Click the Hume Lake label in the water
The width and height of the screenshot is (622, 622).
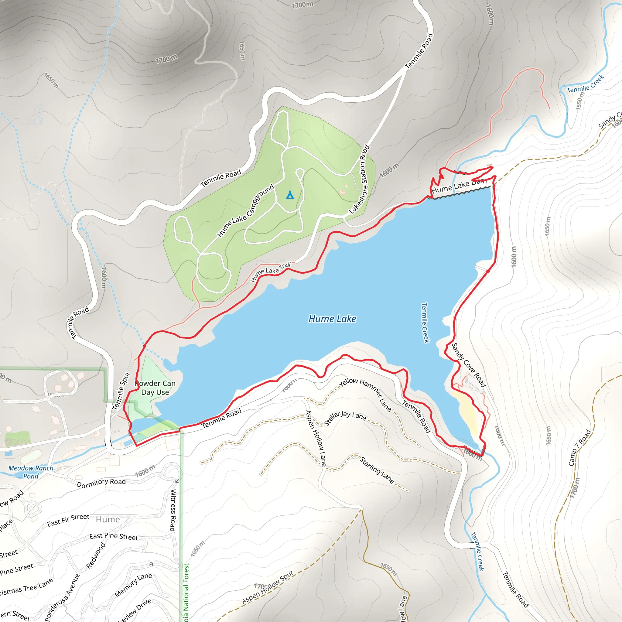(332, 319)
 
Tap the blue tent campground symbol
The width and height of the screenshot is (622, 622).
(290, 195)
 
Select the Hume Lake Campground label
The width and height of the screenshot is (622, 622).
(246, 210)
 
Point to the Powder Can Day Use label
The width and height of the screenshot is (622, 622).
(155, 388)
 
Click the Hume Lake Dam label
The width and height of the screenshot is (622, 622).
(459, 186)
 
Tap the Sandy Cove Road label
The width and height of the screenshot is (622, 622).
(468, 365)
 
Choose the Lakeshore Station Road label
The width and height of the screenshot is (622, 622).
(360, 180)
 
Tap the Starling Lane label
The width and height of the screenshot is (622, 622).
(377, 470)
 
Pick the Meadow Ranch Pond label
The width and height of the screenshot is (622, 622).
(31, 472)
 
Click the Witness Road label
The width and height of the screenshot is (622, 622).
(173, 510)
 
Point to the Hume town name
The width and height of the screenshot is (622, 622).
(108, 520)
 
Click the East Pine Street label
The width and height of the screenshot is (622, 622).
(114, 536)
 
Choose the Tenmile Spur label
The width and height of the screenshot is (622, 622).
(121, 391)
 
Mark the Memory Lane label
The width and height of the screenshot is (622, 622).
(133, 585)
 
